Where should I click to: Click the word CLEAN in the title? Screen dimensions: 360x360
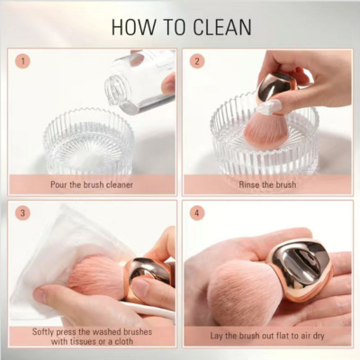click(222, 27)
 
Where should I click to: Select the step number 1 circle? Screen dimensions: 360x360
click(22, 61)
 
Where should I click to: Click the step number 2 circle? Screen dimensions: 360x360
click(197, 61)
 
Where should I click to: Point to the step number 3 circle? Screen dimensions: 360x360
click(22, 213)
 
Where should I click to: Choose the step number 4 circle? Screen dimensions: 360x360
click(197, 213)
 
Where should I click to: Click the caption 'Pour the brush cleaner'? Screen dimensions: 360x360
click(92, 184)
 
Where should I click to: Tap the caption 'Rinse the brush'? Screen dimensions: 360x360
click(267, 184)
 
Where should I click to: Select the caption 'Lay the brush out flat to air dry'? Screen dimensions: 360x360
click(267, 336)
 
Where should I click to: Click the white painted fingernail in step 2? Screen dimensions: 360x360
click(269, 107)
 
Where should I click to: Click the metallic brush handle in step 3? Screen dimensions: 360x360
click(148, 277)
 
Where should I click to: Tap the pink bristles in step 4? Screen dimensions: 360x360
click(244, 290)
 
